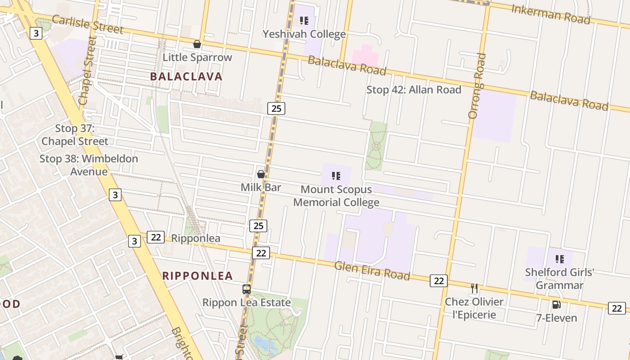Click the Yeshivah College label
coord(304,34)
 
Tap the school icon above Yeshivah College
coord(304,21)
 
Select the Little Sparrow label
coord(197,57)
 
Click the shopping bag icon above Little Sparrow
coord(197,44)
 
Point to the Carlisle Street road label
coord(87,24)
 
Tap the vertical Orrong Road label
coord(477,86)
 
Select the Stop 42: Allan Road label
coord(414,90)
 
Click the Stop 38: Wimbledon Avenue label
coord(89,165)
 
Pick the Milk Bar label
coord(261,187)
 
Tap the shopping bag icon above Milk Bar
coord(261,174)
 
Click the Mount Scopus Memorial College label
coord(336,196)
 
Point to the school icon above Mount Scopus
coord(336,176)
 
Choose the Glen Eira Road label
coord(372,270)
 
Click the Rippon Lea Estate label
coord(246,302)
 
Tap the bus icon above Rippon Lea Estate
coord(247,289)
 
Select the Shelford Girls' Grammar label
coord(559,279)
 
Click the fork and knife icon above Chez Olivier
coord(474,288)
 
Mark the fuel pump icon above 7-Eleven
coord(557,305)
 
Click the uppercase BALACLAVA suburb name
coord(186,76)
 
